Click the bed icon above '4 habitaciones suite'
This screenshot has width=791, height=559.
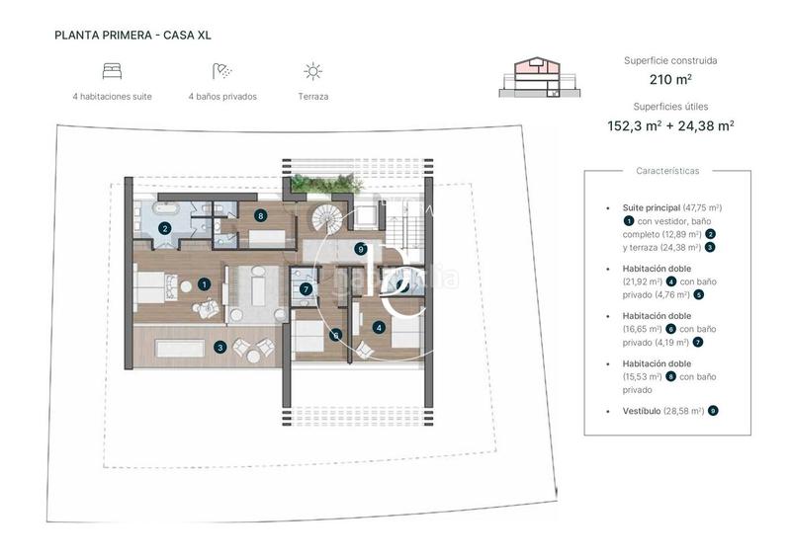[x=112, y=71]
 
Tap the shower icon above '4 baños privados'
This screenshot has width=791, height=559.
[x=221, y=71]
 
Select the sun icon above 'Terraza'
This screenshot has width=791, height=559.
[x=312, y=71]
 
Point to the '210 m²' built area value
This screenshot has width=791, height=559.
[x=669, y=80]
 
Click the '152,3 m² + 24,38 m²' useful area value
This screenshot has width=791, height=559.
[x=669, y=125]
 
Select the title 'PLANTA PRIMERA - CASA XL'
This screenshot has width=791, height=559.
[x=133, y=36]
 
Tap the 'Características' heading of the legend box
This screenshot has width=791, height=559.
[x=667, y=171]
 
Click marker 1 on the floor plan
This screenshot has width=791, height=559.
[x=204, y=283]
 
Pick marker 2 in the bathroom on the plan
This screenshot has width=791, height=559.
[x=165, y=228]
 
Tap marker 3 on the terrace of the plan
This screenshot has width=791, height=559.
[x=220, y=347]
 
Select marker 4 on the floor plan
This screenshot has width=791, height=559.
[x=379, y=326]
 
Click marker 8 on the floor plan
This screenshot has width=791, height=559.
[x=260, y=214]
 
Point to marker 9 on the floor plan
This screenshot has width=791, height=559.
[x=361, y=249]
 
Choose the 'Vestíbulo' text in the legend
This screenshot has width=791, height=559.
[x=637, y=410]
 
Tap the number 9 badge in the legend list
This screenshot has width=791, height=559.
[x=713, y=410]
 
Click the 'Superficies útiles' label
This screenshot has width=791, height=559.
[x=669, y=106]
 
